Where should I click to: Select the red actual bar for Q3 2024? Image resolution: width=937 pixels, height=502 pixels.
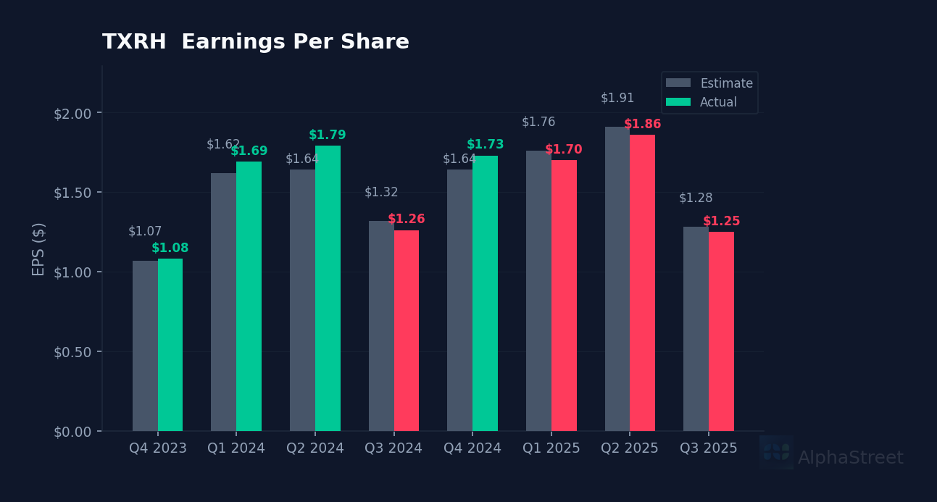click(407, 330)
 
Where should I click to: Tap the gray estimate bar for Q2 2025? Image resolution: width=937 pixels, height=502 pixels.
click(617, 279)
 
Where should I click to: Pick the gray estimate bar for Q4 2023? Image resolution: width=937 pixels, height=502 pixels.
click(145, 346)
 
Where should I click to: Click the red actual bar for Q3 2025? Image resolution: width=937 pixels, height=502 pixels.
click(721, 331)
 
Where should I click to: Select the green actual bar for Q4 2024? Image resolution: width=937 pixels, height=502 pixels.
click(485, 293)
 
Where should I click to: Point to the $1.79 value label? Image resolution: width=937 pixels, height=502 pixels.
click(328, 135)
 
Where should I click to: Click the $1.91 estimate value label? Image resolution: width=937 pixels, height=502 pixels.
click(617, 98)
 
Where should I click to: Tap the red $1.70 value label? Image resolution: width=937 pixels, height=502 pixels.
click(564, 150)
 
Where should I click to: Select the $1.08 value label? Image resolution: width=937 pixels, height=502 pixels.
click(170, 248)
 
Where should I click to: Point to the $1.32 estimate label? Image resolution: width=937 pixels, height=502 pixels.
click(381, 192)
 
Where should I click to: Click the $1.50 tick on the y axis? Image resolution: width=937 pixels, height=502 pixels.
click(72, 193)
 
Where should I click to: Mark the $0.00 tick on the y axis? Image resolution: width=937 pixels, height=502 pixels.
click(72, 432)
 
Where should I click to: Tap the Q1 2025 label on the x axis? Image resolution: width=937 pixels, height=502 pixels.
click(551, 448)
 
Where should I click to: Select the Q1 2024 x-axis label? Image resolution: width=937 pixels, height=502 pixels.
click(236, 448)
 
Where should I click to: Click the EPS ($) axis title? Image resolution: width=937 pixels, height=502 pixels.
click(38, 248)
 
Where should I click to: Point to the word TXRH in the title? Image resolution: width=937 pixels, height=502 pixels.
click(134, 42)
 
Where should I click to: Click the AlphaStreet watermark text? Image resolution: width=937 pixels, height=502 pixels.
click(850, 458)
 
